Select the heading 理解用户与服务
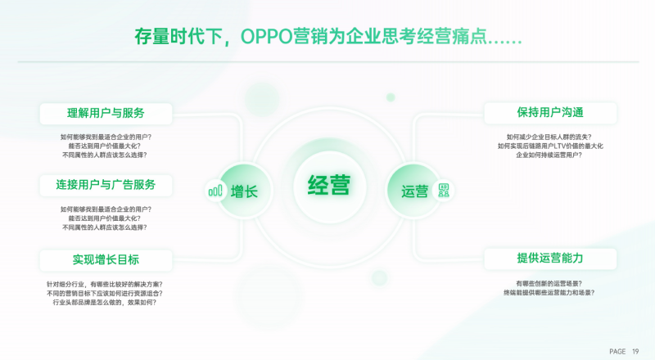coord(106,113)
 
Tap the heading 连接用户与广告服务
coord(106,184)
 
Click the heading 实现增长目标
coord(106,260)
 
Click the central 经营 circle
coord(328,185)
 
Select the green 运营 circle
coord(414,191)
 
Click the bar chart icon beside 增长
coord(215,191)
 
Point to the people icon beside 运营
coord(444,191)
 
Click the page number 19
coord(635,351)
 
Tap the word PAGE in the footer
coord(617,351)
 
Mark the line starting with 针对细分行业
coord(106,284)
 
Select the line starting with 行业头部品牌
coord(106,302)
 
